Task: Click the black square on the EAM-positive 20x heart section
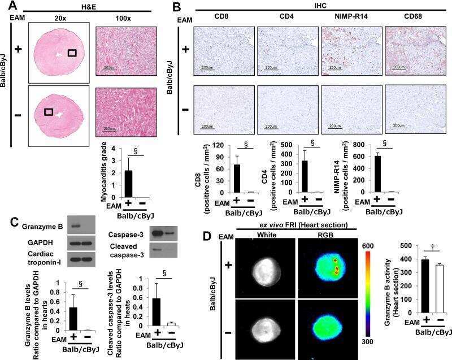(x=72, y=53)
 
